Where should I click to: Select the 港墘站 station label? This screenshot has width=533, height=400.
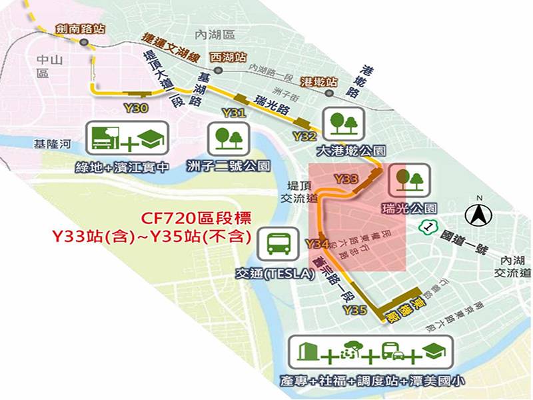tap(318, 81)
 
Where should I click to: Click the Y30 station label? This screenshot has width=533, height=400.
tap(133, 107)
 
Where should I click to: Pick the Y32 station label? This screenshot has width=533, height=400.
tap(304, 136)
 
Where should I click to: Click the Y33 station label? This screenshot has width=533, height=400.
tap(347, 179)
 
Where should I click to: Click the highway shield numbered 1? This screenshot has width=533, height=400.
tap(427, 227)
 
